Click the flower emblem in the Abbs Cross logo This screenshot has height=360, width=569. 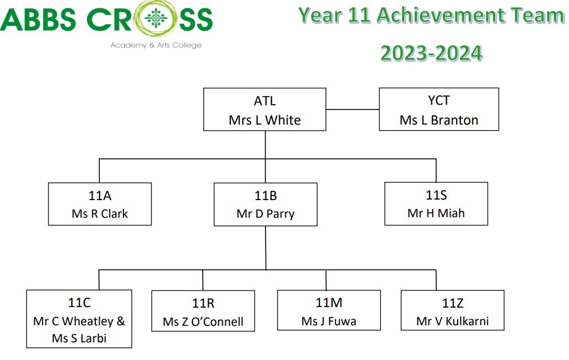coord(156,18)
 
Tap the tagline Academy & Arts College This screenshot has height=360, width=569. coord(156,45)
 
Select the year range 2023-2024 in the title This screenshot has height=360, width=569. coord(431,53)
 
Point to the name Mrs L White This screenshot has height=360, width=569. coord(264,120)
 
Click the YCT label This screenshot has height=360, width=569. coord(438,100)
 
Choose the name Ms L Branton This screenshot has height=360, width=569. coord(438,120)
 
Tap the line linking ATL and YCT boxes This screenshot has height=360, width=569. coord(353,109)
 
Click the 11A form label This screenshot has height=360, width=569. coord(100,196)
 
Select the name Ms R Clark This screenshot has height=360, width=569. coord(100,213)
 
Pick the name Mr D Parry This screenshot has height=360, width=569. coord(265,214)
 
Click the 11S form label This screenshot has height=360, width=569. coord(436,195)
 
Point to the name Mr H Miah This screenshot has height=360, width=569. coord(436,213)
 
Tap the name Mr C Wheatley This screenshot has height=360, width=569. coord(73,321)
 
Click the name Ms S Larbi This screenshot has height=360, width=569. coord(79,338)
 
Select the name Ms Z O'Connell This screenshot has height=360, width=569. coord(203,322)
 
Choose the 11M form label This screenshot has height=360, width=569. coord(329,303)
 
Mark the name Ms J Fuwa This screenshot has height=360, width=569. coord(329,321)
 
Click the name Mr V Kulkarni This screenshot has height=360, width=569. coord(452,321)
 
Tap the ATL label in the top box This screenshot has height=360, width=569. coord(264,101)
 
